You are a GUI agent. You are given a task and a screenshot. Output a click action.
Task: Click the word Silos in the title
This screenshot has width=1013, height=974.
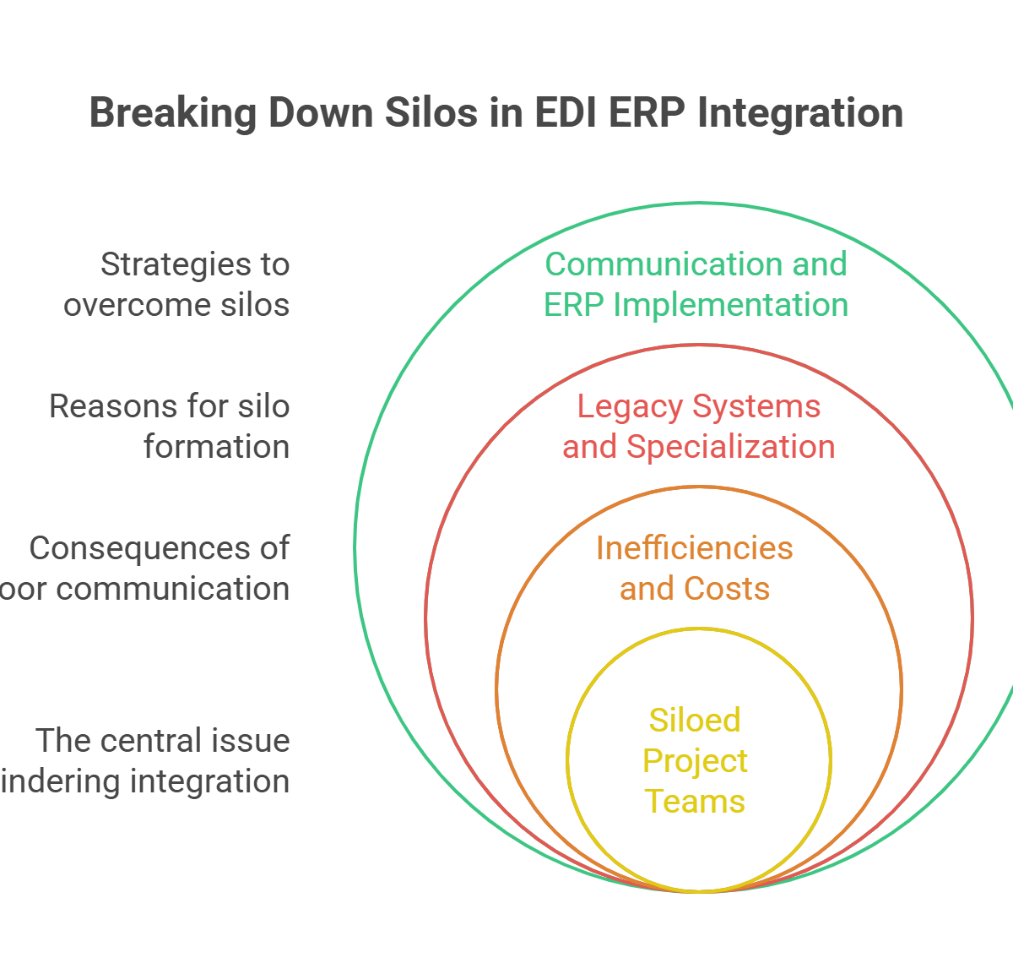[431, 113]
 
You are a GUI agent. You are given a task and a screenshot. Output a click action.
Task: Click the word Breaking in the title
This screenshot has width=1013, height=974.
[172, 113]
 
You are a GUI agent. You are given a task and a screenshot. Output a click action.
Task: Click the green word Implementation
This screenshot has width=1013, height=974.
[730, 305]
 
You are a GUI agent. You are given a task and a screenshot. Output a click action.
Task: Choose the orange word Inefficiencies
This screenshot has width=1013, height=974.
[694, 548]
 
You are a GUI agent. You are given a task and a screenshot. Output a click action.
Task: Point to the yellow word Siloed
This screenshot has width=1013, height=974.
[694, 721]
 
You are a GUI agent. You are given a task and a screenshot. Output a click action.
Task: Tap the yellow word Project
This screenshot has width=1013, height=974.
[695, 761]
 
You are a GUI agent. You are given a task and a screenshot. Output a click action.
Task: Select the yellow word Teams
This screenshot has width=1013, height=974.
[695, 801]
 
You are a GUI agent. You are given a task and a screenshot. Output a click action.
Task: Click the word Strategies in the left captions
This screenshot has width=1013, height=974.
[165, 264]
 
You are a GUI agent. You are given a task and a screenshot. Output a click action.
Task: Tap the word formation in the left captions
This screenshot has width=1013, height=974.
[216, 446]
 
